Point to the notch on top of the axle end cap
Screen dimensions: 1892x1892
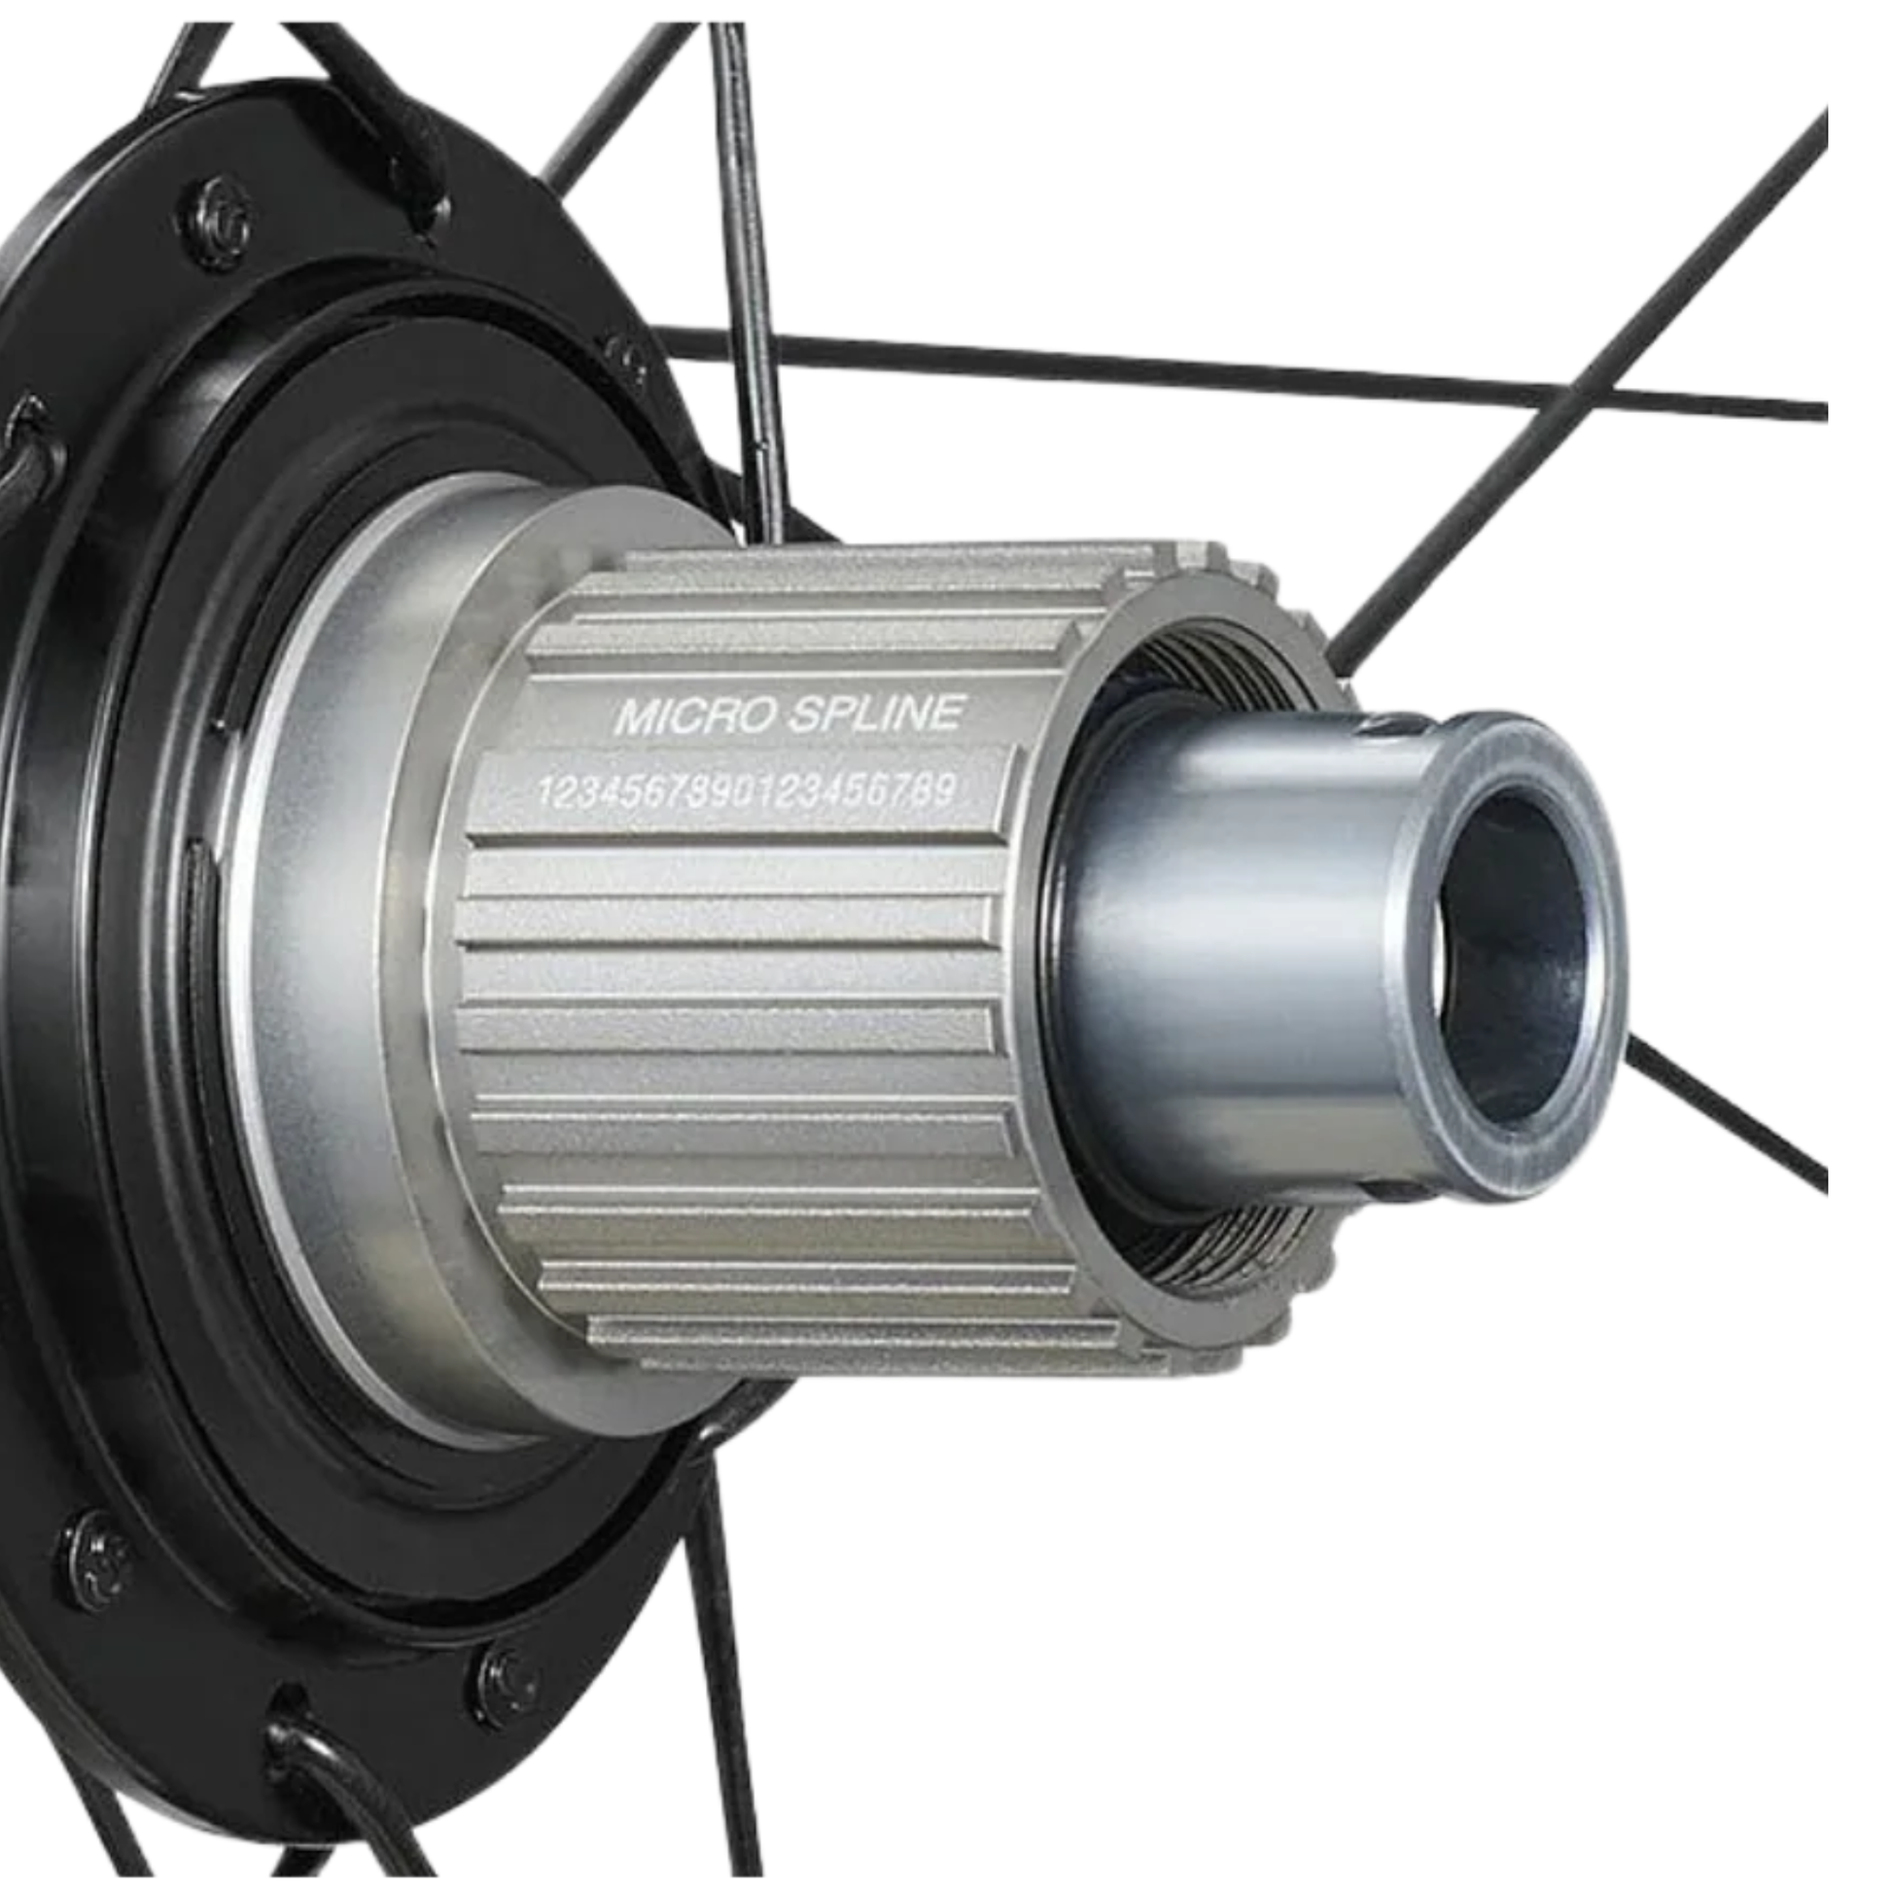[1391, 726]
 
